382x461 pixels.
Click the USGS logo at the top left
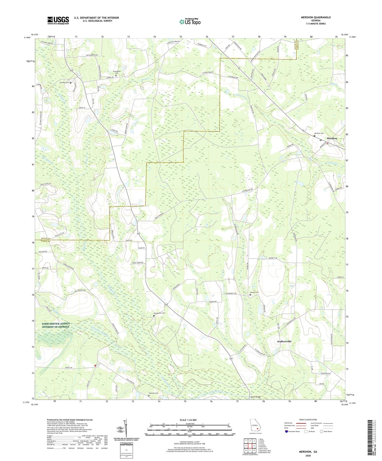click(x=58, y=20)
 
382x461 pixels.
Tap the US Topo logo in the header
click(x=190, y=22)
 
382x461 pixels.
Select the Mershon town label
click(x=332, y=138)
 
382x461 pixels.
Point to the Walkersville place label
click(x=284, y=341)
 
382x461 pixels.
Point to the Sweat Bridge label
click(x=255, y=397)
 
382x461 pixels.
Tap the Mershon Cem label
click(x=319, y=133)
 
